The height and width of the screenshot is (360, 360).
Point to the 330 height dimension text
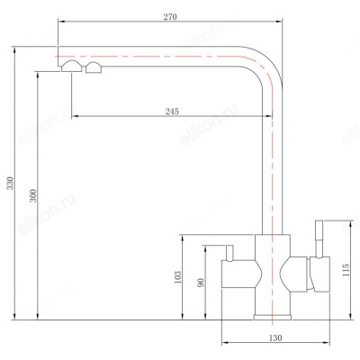pos(10,184)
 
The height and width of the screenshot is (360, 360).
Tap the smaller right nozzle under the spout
pos(92,70)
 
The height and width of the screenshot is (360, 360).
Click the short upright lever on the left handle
pos(228,251)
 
